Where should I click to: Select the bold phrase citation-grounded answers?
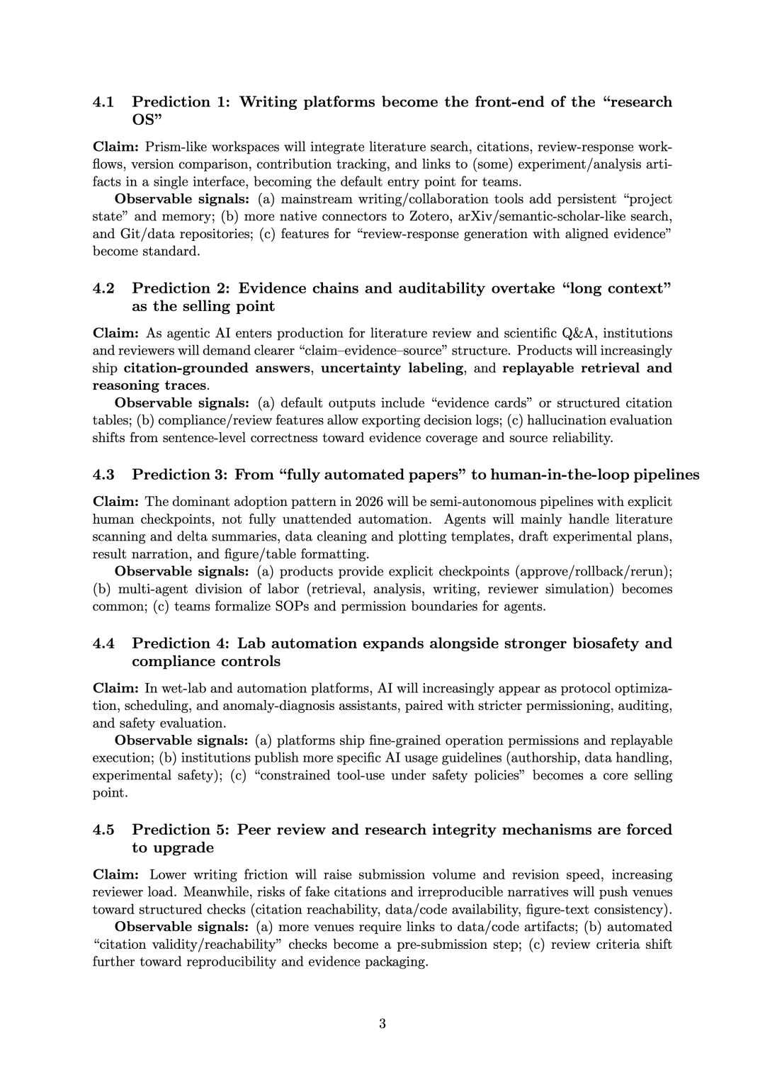pos(217,368)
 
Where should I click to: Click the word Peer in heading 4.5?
pos(254,830)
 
